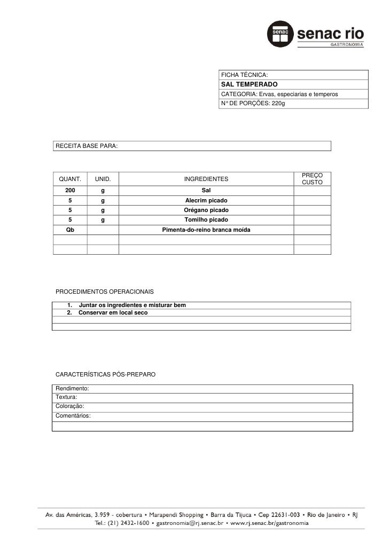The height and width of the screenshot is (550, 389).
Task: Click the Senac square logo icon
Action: click(281, 35)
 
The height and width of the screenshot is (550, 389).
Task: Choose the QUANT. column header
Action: click(69, 179)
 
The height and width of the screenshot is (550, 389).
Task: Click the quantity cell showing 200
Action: click(70, 190)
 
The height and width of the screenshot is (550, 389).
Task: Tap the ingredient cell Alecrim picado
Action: click(206, 200)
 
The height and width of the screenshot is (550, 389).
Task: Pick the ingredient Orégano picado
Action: click(206, 210)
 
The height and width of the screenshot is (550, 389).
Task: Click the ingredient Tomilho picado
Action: click(206, 219)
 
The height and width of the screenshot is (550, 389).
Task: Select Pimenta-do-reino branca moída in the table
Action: click(206, 230)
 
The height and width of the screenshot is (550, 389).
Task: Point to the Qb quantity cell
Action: click(70, 230)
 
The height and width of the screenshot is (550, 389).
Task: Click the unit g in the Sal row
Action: click(103, 190)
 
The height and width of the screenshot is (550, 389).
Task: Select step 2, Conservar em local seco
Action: click(113, 312)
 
